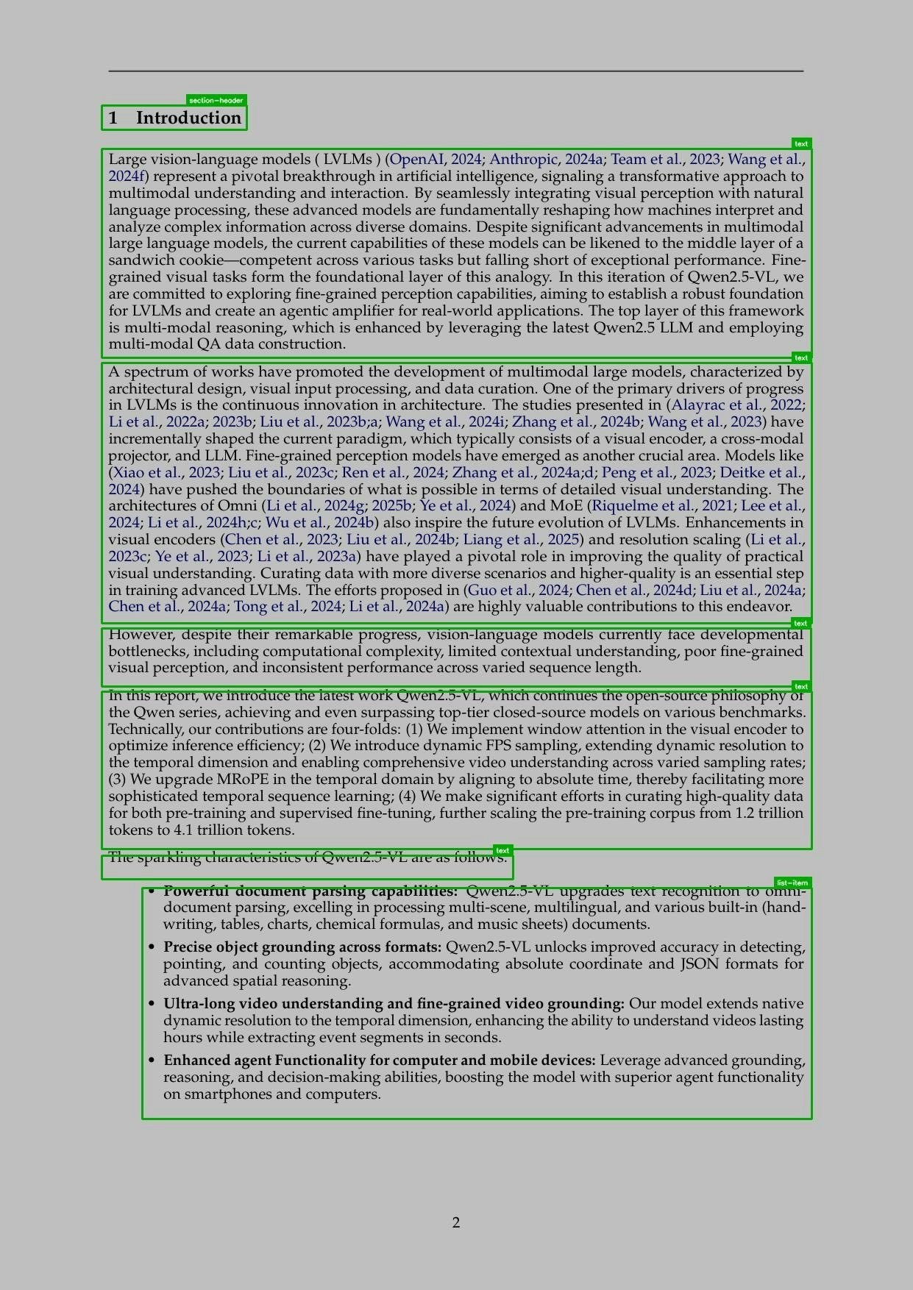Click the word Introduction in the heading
(188, 118)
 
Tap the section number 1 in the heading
(113, 118)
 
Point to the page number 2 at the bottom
(456, 1222)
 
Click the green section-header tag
(216, 100)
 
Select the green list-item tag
(792, 883)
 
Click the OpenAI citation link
(416, 160)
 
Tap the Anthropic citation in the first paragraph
(524, 160)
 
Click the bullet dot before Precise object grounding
(152, 947)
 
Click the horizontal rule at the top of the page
(456, 71)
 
